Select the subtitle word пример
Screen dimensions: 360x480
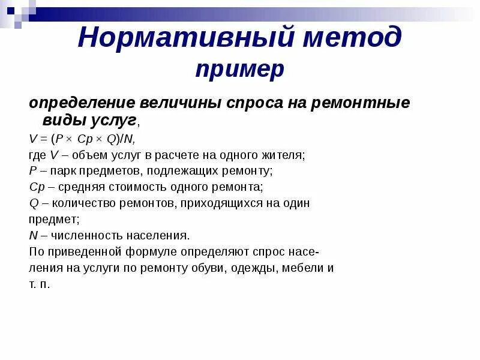click(240, 69)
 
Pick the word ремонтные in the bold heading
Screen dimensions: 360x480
click(360, 103)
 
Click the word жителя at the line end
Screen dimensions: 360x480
click(284, 155)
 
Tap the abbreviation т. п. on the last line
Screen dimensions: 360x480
click(39, 284)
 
